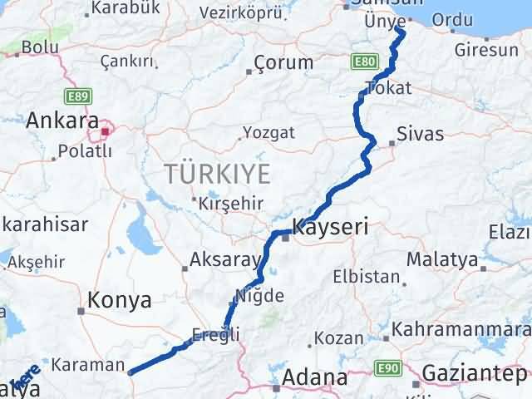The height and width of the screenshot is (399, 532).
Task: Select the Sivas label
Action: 420,134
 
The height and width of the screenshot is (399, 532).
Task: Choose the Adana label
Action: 314,377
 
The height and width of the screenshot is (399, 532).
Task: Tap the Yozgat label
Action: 268,132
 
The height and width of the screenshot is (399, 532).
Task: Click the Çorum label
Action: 283,62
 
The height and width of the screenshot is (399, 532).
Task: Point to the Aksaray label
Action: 224,259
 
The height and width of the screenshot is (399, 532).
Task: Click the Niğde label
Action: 260,295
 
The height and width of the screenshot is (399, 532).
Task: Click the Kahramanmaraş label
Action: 461,329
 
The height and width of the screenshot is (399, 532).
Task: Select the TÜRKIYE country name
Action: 218,174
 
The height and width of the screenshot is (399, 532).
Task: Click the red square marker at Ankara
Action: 106,131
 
